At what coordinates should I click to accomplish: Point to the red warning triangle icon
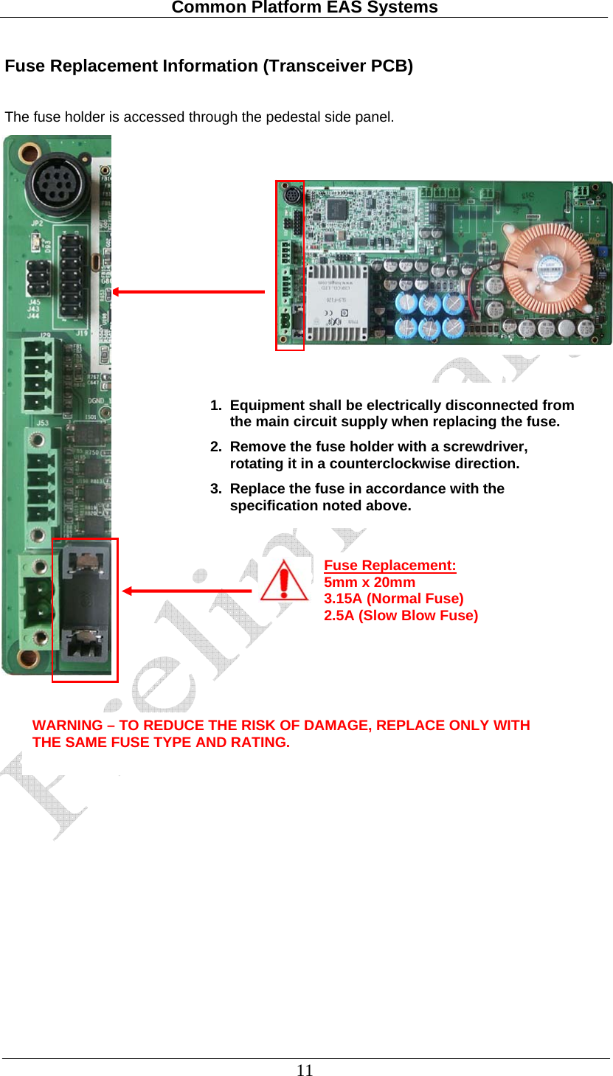point(284,581)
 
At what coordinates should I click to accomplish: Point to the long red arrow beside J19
point(189,292)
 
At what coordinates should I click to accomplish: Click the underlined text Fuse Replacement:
point(390,566)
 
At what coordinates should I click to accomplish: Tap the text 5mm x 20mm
point(370,582)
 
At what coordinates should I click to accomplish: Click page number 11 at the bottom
point(305,1070)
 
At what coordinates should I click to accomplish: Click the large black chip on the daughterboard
point(340,207)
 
